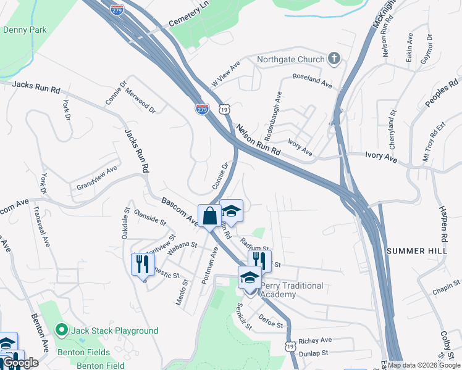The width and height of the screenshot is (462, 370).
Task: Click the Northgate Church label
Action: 291,59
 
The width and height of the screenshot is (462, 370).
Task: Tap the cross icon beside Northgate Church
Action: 334,59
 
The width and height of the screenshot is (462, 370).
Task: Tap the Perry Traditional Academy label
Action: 292,290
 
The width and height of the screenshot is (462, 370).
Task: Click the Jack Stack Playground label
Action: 115,331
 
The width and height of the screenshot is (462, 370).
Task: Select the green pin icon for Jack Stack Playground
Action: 61,331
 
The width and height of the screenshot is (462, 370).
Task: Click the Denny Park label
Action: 25,29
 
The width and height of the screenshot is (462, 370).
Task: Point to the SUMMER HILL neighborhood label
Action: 417,251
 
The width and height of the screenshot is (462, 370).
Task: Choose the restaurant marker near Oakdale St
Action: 143,264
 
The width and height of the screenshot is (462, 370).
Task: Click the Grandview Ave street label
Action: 96,178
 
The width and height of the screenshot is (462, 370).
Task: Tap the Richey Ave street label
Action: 315,340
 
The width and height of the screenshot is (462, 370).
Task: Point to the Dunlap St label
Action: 315,354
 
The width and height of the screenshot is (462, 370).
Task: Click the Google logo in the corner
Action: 20,363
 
